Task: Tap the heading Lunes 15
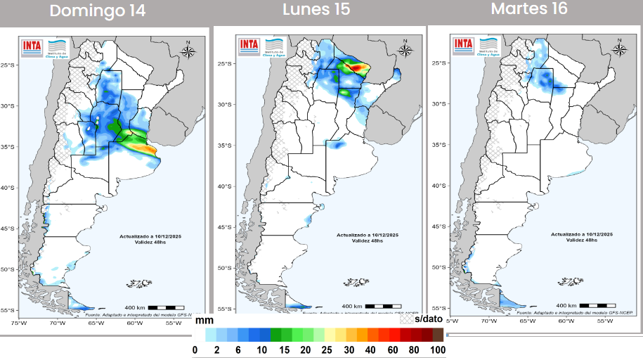click(x=316, y=10)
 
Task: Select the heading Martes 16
click(x=529, y=9)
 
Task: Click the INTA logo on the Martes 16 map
click(x=464, y=44)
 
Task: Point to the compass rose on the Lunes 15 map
click(x=405, y=49)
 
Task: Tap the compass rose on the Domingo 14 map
click(x=188, y=51)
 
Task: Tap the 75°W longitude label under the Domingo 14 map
click(x=18, y=323)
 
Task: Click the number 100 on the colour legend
click(x=438, y=349)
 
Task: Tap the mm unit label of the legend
click(x=204, y=320)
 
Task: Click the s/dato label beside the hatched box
click(x=429, y=319)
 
